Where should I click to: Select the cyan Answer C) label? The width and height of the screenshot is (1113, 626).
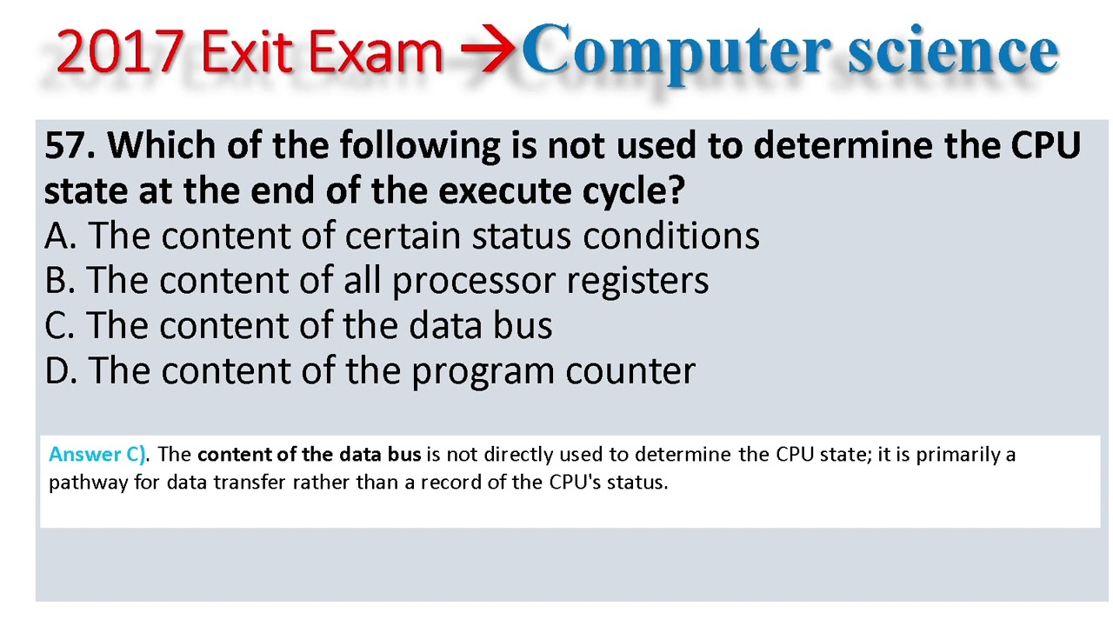[98, 454]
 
